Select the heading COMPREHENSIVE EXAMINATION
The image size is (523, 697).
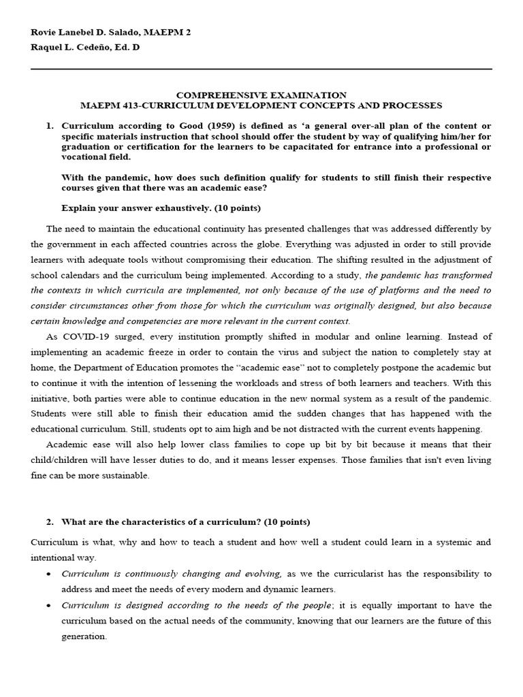click(261, 95)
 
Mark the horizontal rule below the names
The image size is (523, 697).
click(261, 69)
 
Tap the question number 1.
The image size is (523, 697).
click(49, 126)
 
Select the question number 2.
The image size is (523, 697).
click(49, 522)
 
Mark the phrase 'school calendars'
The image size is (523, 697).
click(63, 275)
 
